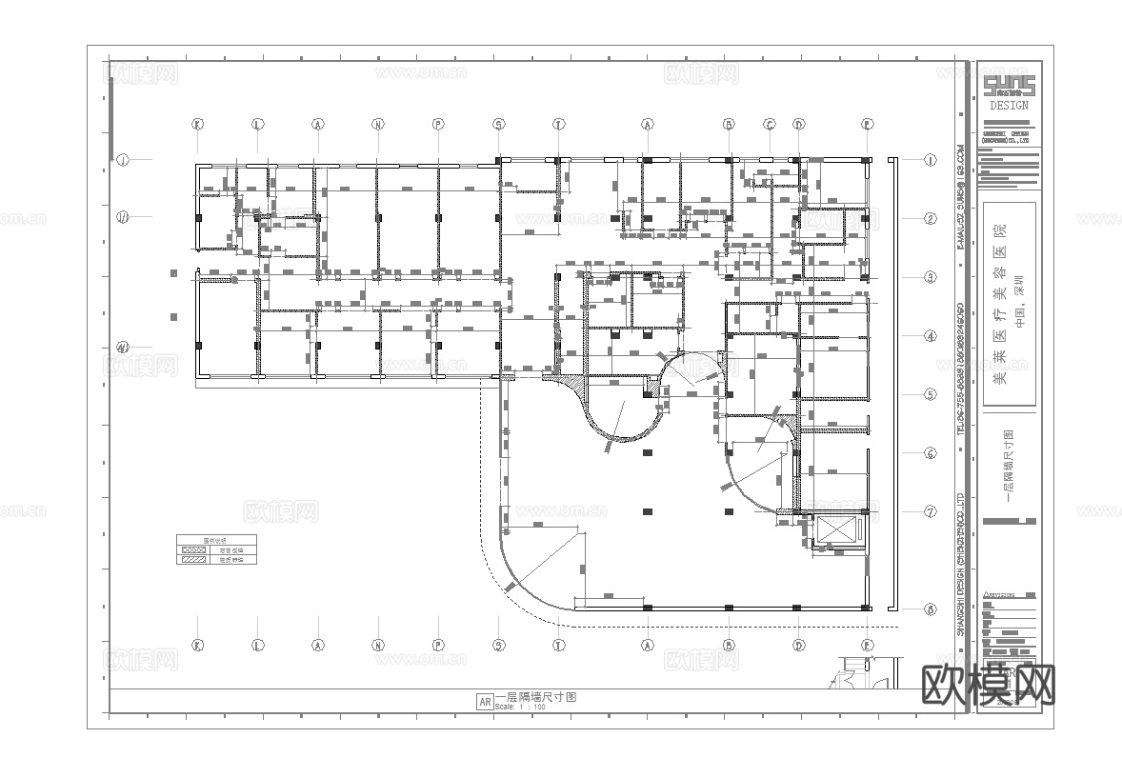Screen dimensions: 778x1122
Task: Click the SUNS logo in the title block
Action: [1009, 87]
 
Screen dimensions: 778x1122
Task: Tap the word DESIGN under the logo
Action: [1009, 106]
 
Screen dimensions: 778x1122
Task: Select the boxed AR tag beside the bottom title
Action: [484, 702]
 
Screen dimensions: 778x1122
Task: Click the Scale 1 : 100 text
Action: [520, 708]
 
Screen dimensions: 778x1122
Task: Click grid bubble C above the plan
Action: [770, 124]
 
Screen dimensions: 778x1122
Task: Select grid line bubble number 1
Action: [931, 160]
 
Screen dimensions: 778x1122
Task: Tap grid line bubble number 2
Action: [931, 218]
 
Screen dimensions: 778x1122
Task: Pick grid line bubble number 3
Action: [931, 277]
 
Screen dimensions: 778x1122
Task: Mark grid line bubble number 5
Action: [931, 394]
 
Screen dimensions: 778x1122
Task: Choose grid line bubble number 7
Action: [931, 511]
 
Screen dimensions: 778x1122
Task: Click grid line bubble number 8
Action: [931, 609]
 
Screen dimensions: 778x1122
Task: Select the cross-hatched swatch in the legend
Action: [194, 550]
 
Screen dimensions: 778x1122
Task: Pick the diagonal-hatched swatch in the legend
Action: [194, 560]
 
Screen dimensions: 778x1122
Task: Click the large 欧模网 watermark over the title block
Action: [989, 684]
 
